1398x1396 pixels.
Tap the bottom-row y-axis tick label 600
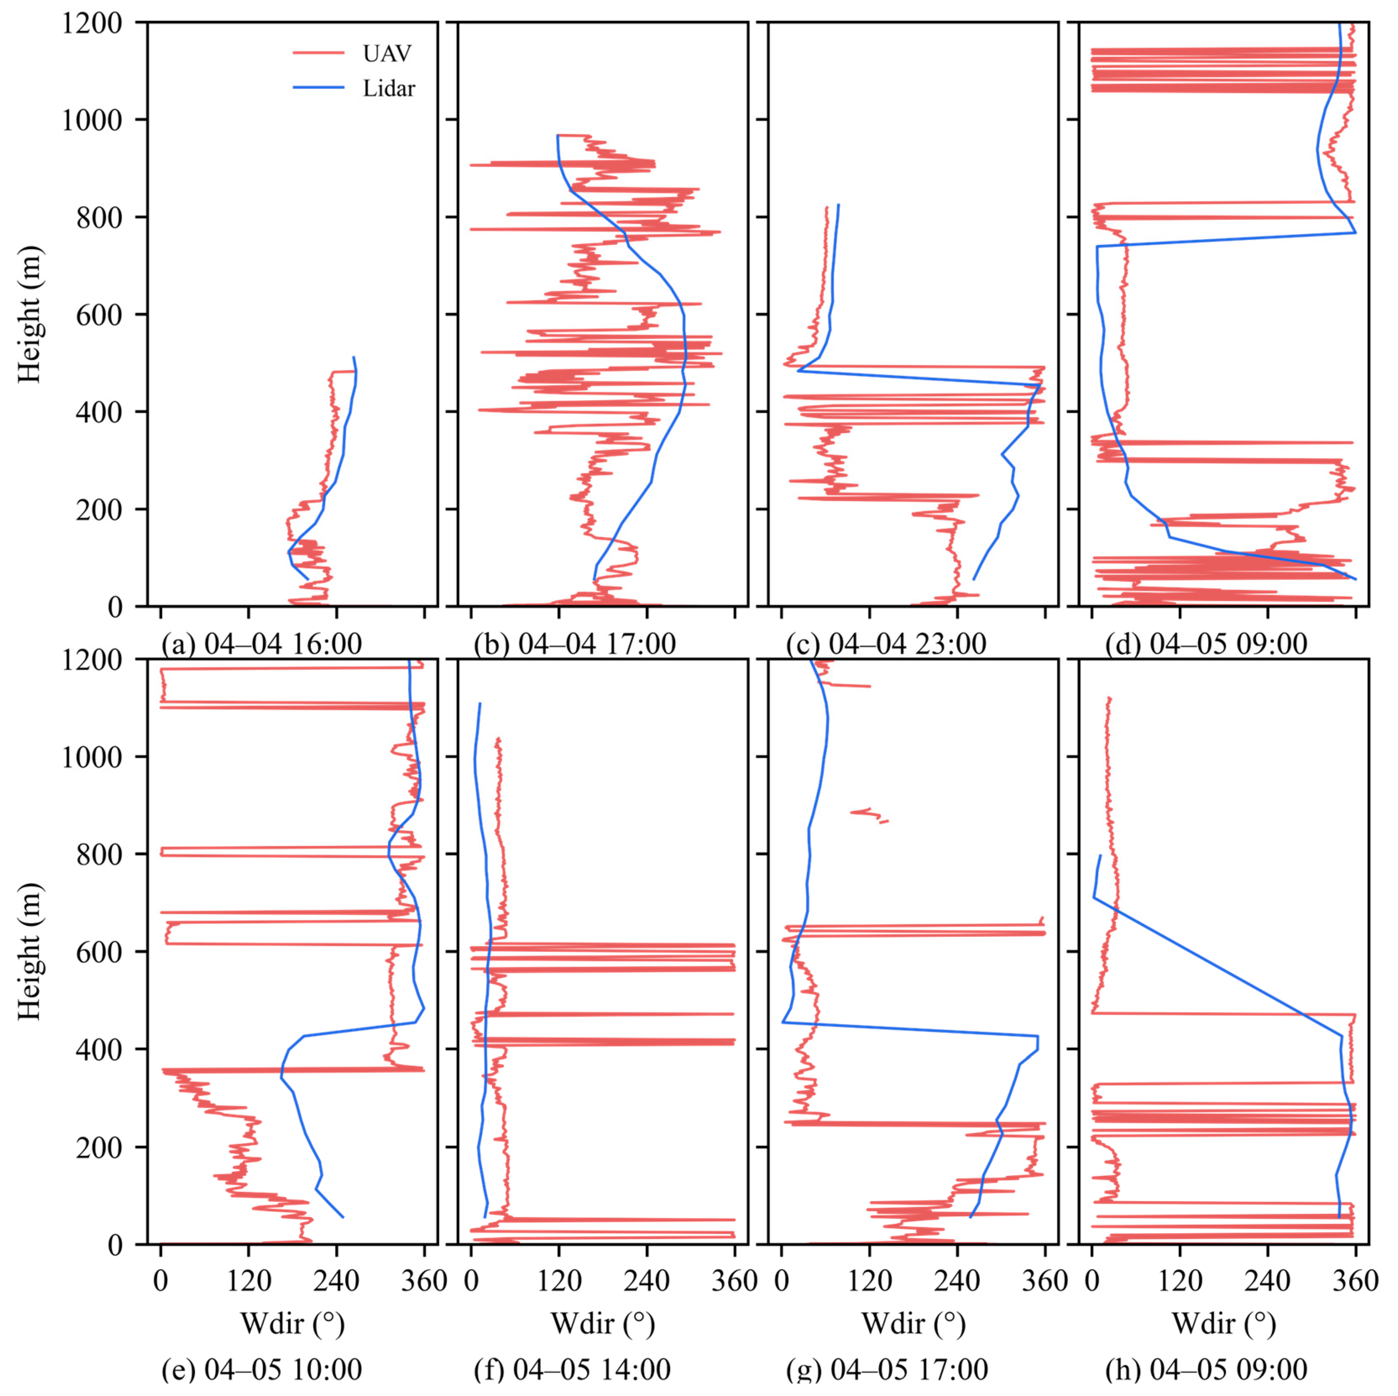[99, 952]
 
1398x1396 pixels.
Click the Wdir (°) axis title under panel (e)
[293, 1324]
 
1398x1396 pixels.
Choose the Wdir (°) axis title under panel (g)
[913, 1324]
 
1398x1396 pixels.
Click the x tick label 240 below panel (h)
[1268, 1281]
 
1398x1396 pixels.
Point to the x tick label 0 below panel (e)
[161, 1281]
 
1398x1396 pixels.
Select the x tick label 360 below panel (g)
[1044, 1281]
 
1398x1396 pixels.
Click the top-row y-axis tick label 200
[99, 509]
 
